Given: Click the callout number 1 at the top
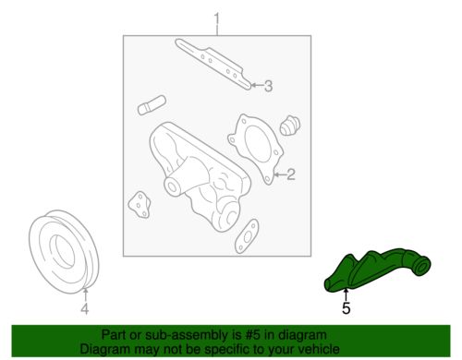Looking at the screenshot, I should pos(218,18).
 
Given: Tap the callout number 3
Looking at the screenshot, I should pos(268,88).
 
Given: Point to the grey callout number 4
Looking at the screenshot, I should pos(84,308).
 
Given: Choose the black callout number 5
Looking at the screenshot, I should pos(346,308).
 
